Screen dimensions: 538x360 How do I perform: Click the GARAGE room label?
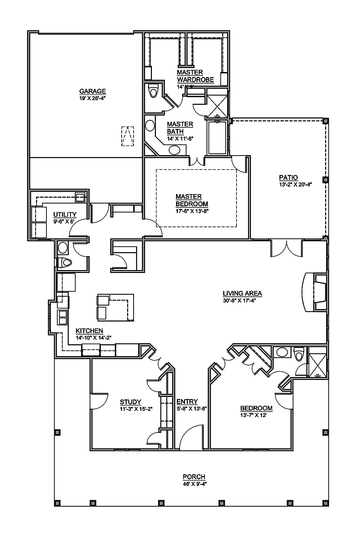coord(93,91)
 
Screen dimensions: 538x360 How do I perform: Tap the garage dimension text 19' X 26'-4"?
coord(93,98)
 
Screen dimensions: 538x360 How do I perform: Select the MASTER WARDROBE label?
coord(195,76)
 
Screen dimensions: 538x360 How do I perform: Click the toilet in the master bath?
coord(154,91)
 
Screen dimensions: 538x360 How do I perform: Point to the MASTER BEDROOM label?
coord(192,200)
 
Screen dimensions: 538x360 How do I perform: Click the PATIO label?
coord(288,177)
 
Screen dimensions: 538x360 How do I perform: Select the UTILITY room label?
coord(65,215)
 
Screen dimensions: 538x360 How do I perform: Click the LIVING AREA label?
coord(242,293)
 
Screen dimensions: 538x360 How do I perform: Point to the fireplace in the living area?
coord(316,292)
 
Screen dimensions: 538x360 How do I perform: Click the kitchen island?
coord(115,307)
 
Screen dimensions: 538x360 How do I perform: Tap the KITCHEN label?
coord(89,331)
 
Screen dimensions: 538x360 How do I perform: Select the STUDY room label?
coord(130,402)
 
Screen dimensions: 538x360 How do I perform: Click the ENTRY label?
coord(187,402)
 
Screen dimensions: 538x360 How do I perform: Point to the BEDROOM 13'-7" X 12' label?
coord(256,408)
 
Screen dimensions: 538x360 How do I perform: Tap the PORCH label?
coord(194,477)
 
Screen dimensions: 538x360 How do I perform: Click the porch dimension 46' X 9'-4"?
coord(194,484)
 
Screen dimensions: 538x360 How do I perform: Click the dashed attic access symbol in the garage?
coord(127,136)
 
